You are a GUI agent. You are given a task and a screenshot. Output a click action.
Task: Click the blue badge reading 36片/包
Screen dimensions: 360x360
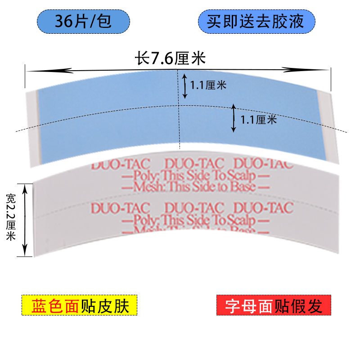(x=83, y=21)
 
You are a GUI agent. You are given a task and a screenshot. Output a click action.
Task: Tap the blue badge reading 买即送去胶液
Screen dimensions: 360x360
(x=256, y=21)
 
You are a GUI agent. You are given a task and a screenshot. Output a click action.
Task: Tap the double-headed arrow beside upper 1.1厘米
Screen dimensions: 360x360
(x=185, y=86)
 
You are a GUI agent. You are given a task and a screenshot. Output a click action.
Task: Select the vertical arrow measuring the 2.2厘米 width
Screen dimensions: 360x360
(x=26, y=219)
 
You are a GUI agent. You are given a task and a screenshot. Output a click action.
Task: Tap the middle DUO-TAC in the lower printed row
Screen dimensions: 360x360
(x=194, y=208)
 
